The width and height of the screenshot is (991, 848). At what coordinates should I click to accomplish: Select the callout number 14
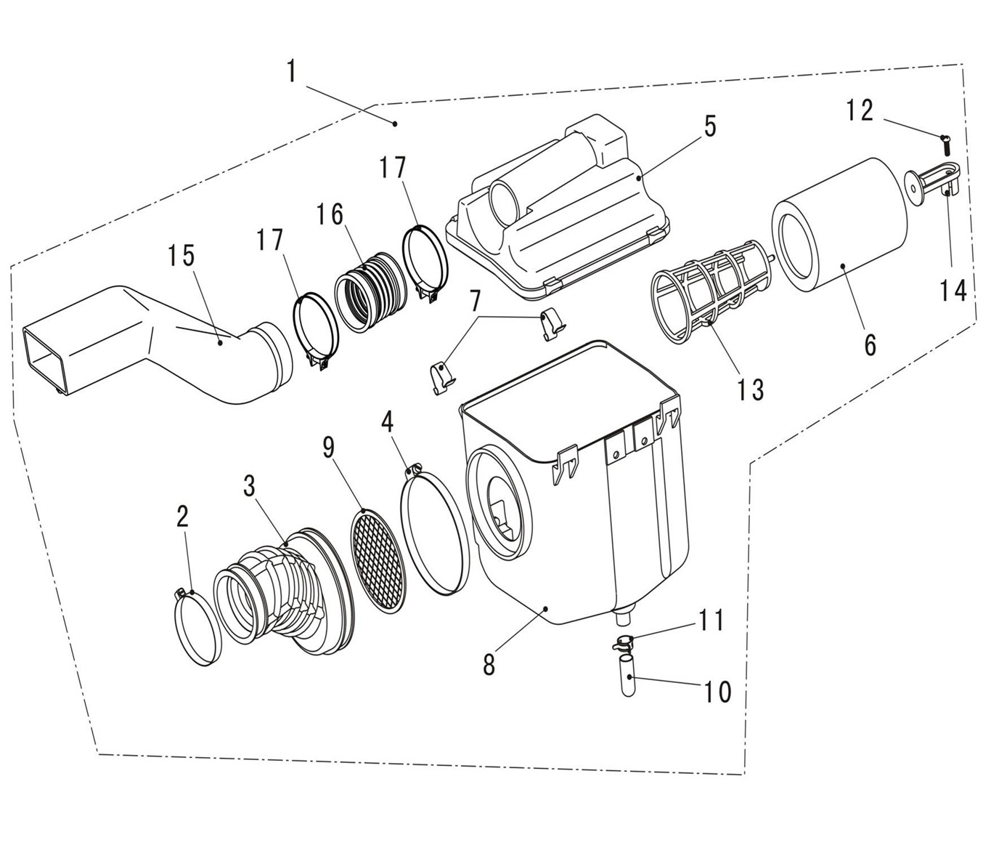coord(953,290)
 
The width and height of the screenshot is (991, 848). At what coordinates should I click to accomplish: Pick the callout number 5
coord(709,126)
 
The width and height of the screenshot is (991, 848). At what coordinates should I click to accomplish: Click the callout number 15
coord(182,256)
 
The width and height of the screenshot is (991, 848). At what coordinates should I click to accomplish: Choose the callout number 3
coord(249,486)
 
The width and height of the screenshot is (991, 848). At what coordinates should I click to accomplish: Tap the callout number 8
coord(489,663)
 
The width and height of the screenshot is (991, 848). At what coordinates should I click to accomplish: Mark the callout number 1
coord(291,72)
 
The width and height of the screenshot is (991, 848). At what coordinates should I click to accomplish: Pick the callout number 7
coord(476,299)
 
